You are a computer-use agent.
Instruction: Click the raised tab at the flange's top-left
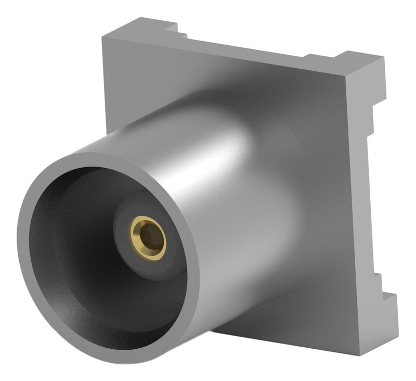[140, 26]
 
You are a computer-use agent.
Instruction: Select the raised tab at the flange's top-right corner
[359, 60]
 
